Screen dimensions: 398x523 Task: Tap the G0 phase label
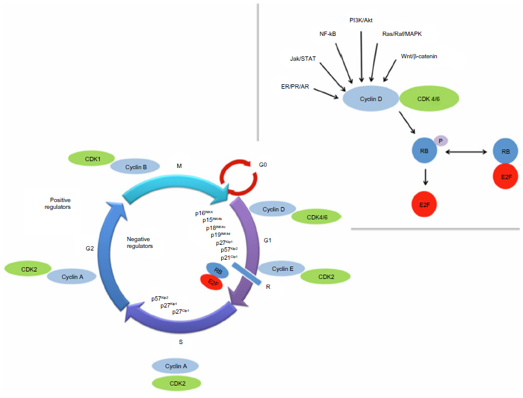click(x=263, y=166)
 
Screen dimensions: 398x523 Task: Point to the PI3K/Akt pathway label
click(x=361, y=20)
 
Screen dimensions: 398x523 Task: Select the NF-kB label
click(x=328, y=35)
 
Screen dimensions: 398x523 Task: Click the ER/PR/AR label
click(x=295, y=87)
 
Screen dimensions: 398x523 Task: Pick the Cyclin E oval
click(x=281, y=268)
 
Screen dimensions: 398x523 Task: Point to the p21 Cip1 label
click(x=229, y=257)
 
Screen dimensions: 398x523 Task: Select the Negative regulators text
click(x=139, y=242)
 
